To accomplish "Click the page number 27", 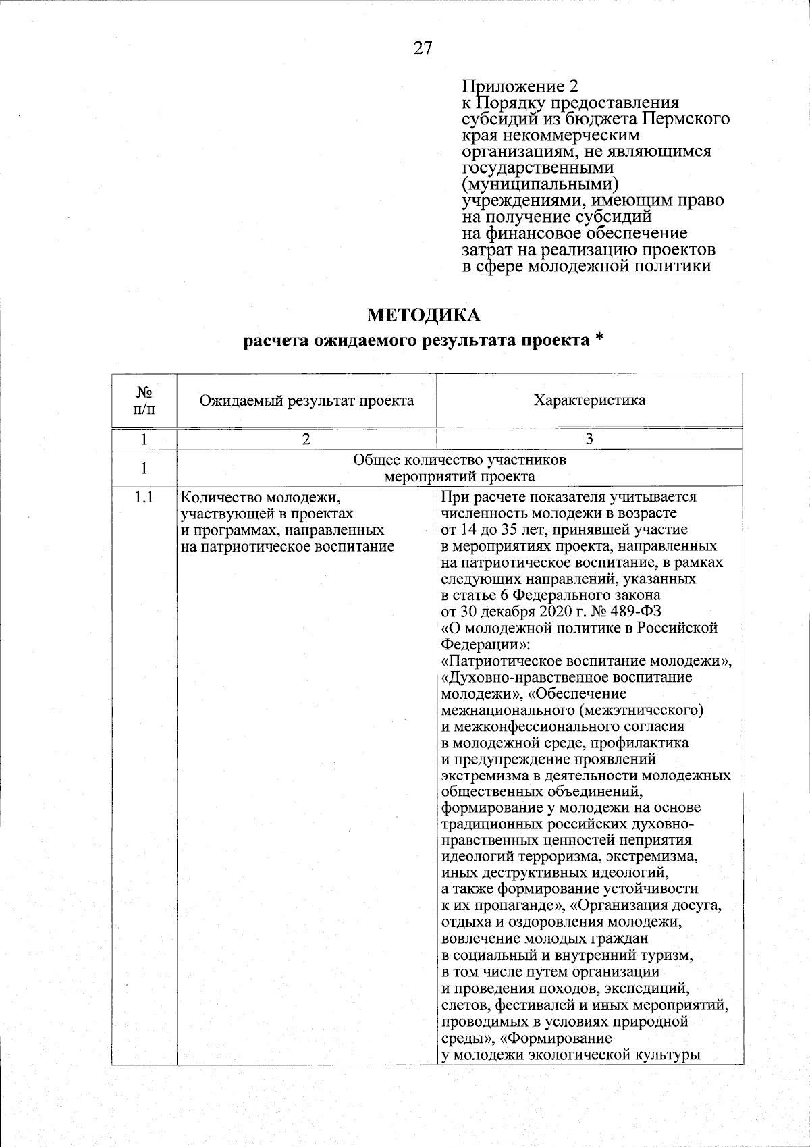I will click(x=422, y=48).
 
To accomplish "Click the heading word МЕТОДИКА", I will click(x=423, y=315).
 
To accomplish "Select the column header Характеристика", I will click(x=589, y=400).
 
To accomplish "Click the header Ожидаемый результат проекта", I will click(x=306, y=400).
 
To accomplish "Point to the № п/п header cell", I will click(x=144, y=400).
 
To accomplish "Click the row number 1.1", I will click(x=144, y=498).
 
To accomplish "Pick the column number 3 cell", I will click(x=589, y=438).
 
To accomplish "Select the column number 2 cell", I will click(x=306, y=438).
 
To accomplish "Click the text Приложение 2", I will click(x=520, y=86).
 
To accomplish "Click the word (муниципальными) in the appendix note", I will click(x=540, y=184).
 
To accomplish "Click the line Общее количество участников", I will click(x=460, y=460).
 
